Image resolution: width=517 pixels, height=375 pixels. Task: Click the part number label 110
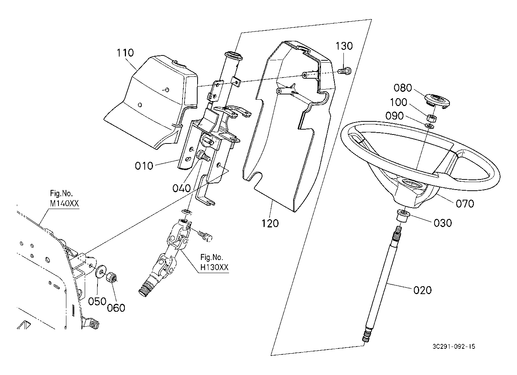(125, 53)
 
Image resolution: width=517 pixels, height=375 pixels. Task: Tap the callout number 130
(344, 46)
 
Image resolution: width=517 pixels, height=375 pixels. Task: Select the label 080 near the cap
(403, 88)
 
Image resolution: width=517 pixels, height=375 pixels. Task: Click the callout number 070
(465, 203)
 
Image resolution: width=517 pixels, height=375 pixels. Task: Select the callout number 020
(423, 290)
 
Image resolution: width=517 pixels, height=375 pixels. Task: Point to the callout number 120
(270, 223)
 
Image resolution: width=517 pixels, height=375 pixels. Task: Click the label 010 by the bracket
(144, 166)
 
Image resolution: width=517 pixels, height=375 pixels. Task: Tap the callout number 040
(181, 188)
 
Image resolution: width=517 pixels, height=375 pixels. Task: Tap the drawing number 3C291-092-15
(453, 347)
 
